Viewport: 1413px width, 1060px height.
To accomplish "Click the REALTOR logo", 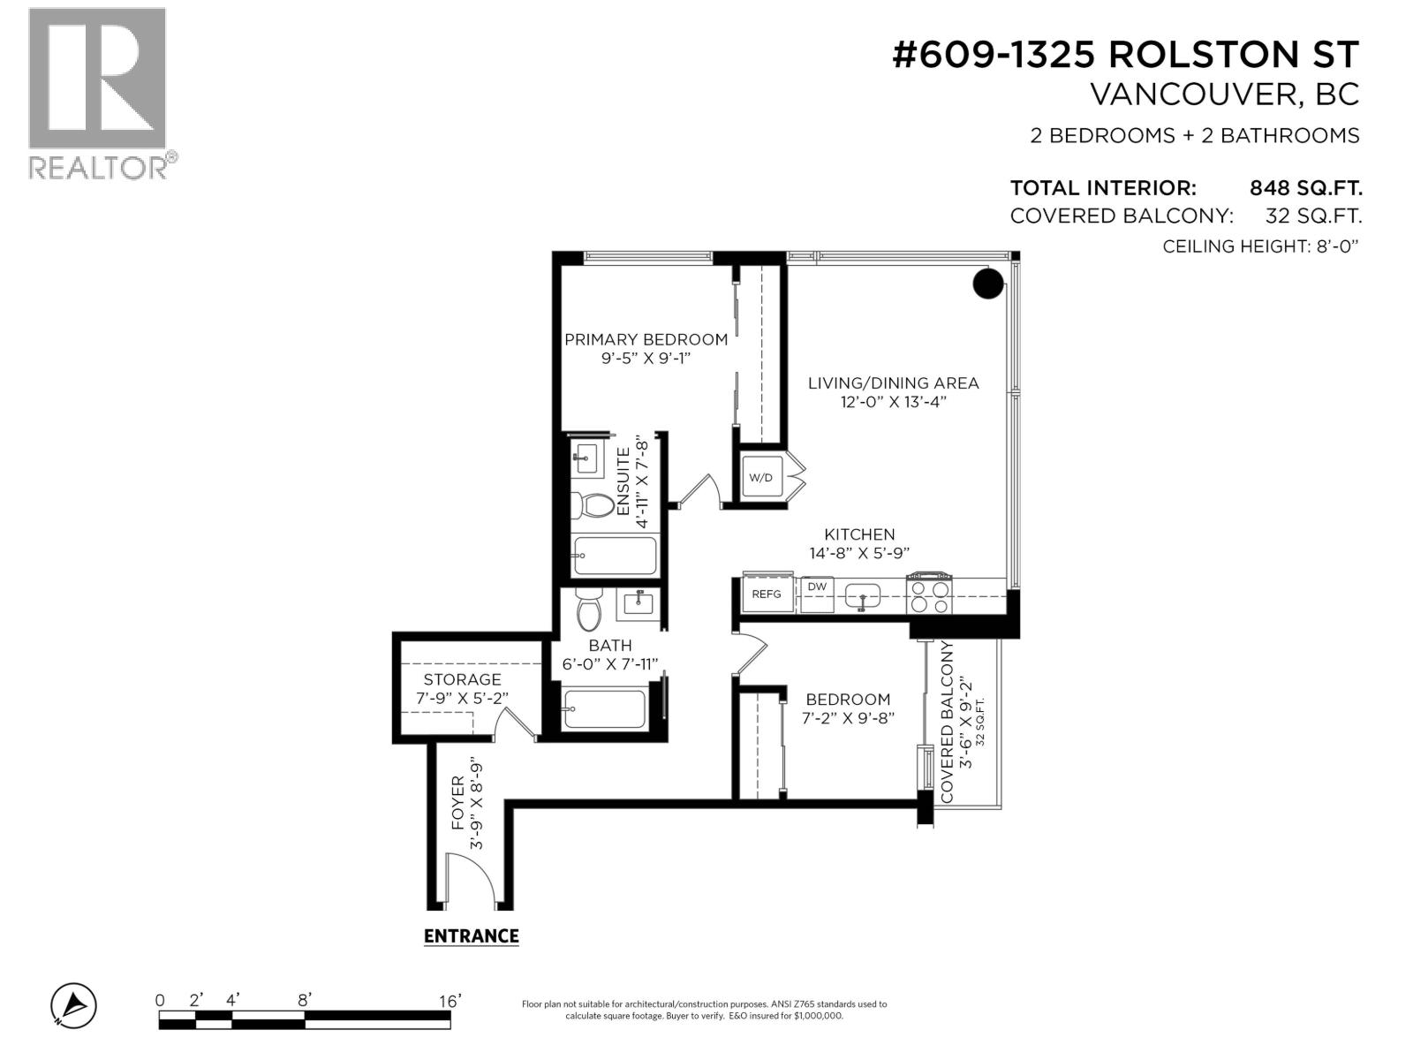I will click(97, 92).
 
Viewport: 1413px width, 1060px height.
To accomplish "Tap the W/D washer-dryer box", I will click(760, 478).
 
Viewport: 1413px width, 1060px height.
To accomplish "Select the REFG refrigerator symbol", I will click(767, 594).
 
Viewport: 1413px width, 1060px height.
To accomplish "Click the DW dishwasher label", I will click(817, 587).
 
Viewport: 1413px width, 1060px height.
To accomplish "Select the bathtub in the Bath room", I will click(606, 709).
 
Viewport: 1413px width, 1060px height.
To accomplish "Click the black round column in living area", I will click(988, 284).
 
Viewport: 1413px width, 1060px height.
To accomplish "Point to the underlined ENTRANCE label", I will click(471, 936).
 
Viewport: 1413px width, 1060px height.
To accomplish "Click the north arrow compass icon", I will click(74, 1005).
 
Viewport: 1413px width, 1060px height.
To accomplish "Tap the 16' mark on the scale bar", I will click(450, 1001).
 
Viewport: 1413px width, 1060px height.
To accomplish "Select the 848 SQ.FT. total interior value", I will click(1305, 188).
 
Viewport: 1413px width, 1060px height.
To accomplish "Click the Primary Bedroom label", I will click(646, 339).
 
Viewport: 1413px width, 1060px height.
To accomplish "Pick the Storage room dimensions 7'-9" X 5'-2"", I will click(462, 698).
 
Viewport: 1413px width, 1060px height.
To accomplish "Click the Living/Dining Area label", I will click(893, 382).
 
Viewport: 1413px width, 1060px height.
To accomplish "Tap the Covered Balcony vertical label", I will click(948, 722).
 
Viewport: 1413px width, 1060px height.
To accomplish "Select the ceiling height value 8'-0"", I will click(1333, 246).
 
